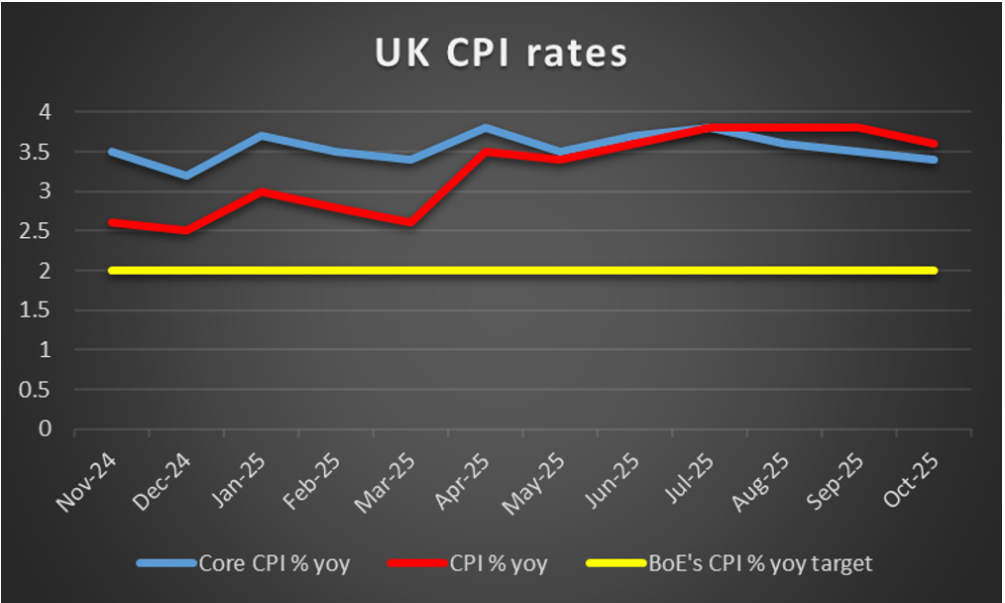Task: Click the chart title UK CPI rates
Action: [502, 54]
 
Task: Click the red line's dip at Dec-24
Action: [187, 231]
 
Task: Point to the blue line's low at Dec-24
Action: [187, 176]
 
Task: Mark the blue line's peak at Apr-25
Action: [486, 128]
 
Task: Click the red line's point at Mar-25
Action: [411, 223]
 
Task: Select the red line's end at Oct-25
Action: [934, 144]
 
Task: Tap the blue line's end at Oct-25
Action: [934, 160]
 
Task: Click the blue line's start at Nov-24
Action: [112, 152]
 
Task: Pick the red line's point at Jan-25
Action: [262, 191]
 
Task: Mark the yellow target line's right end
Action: [934, 271]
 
